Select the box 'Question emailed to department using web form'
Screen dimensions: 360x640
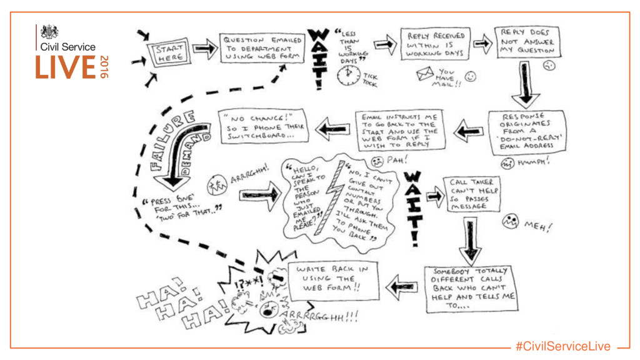[x=262, y=47]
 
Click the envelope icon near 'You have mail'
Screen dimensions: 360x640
[x=427, y=76]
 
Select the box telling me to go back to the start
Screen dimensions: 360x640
[x=401, y=129]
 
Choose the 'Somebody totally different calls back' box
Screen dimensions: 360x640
[x=473, y=289]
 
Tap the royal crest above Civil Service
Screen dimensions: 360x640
[x=49, y=32]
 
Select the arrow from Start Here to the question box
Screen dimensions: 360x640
[x=204, y=49]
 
